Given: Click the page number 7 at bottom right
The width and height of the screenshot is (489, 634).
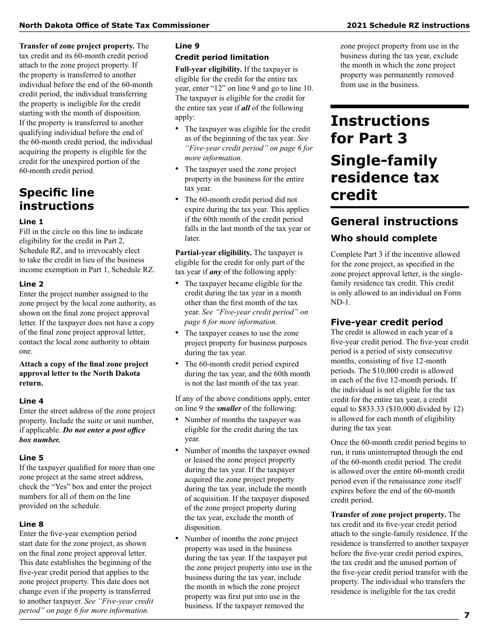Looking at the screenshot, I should tap(466, 615).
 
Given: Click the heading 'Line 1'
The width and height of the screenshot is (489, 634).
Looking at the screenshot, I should tap(31, 222).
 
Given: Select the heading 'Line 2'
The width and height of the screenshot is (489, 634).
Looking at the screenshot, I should tap(31, 284).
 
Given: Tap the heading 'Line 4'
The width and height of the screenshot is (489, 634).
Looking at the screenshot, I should tap(31, 401).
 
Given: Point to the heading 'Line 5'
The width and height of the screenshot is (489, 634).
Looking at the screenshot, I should tap(31, 458).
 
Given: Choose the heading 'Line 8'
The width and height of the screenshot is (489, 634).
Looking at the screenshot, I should tap(31, 524).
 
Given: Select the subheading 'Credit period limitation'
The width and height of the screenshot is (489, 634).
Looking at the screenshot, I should tap(222, 57).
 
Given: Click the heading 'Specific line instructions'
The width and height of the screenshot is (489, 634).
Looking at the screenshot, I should tap(57, 199).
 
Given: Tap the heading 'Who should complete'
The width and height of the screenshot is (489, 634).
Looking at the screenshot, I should tap(383, 238).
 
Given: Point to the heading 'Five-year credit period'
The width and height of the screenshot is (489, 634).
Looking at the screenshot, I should tap(387, 322).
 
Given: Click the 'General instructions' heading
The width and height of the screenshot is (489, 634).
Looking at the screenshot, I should tap(394, 221).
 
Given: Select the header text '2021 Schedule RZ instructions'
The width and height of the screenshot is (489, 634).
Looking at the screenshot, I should tap(408, 25).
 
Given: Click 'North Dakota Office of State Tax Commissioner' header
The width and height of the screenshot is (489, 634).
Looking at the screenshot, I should tap(114, 25).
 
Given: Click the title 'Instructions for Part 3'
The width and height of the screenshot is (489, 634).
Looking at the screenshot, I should tap(379, 129).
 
